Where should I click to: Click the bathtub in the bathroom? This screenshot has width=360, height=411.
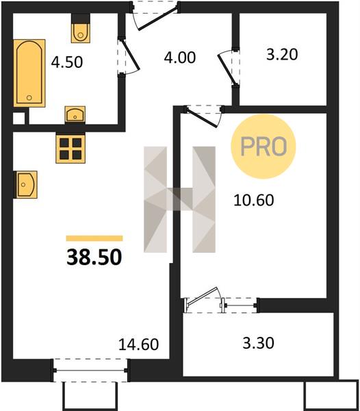point(29,73)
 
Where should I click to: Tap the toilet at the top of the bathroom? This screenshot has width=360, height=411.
point(81,28)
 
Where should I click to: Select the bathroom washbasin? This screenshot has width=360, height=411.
point(75,114)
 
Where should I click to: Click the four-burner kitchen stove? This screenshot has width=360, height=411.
point(70,149)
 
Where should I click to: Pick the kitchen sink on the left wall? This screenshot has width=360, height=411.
point(25,184)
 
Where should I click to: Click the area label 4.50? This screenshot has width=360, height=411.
point(67,62)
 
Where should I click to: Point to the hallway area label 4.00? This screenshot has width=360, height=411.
point(179,58)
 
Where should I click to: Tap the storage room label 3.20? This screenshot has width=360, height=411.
point(282,55)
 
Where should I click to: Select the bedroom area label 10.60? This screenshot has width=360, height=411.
point(254,200)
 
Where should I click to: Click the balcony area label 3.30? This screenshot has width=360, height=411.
point(259,343)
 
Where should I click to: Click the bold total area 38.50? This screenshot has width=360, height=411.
point(94,257)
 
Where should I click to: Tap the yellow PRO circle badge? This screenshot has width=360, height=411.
point(263,147)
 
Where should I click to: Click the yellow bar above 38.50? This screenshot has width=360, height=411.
point(94,238)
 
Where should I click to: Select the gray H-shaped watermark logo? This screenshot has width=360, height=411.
point(179,199)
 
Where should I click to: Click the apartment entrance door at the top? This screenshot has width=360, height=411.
point(155,16)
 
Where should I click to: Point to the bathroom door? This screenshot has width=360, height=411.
point(128,57)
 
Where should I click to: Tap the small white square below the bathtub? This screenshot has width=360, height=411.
point(19,118)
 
